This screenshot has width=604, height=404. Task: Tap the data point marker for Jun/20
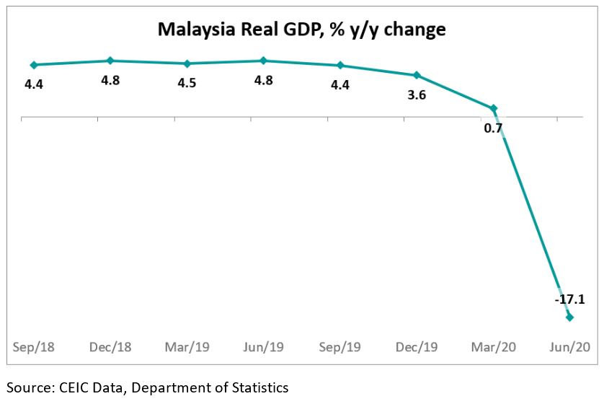pos(569,317)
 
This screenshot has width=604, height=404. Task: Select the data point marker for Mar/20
pos(494,109)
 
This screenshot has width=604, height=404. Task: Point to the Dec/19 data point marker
pos(417,75)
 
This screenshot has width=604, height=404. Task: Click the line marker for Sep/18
pos(33,65)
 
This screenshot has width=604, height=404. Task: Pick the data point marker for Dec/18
pos(110,61)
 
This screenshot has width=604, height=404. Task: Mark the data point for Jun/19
pos(263,61)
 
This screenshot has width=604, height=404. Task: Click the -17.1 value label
pos(569,299)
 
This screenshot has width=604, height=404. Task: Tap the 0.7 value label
pos(493,128)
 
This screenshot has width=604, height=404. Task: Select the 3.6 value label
pos(416,95)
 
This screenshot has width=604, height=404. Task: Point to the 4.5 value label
pos(187,82)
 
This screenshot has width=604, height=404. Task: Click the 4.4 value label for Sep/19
pos(339,84)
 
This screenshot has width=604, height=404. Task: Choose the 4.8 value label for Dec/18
pos(110,80)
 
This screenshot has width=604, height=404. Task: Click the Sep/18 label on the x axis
pos(32,347)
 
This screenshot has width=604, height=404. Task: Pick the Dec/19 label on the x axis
pos(416,347)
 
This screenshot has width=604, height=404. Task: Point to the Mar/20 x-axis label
pos(493,347)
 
